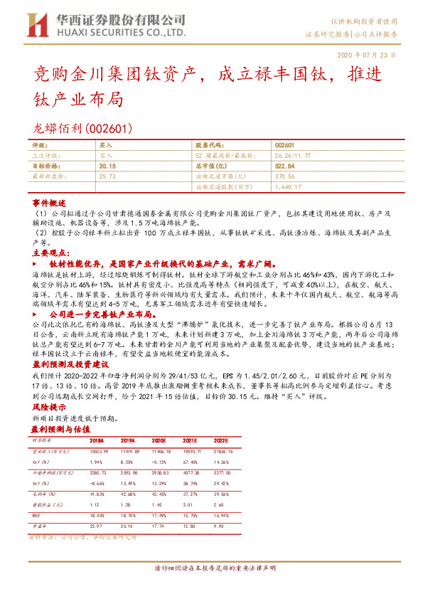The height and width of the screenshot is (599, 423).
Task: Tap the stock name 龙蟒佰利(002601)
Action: (x=79, y=128)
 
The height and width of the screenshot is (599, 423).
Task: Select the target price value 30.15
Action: (x=107, y=165)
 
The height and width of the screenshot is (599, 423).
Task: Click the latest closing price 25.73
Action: (x=107, y=175)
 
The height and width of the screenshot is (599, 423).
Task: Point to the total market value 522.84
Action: (x=284, y=165)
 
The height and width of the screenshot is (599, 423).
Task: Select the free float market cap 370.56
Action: (x=284, y=175)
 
